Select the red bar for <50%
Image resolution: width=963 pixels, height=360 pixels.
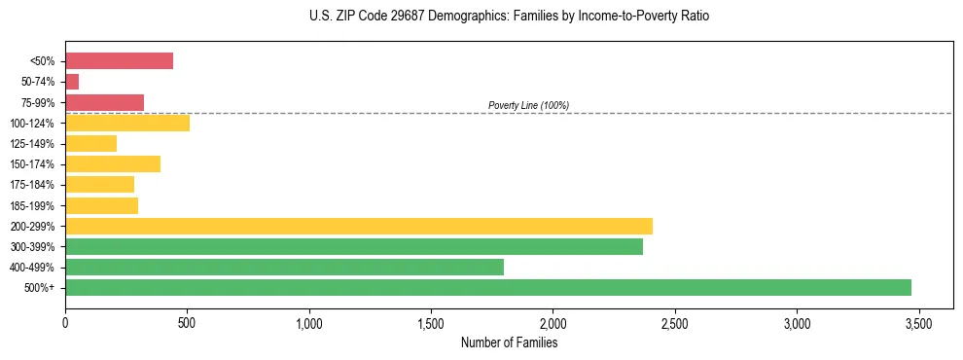pyautogui.click(x=119, y=61)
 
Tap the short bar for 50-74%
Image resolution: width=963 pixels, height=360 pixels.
pyautogui.click(x=72, y=82)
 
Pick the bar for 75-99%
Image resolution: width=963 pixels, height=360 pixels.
pyautogui.click(x=104, y=102)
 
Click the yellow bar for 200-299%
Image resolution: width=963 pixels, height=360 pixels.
pyautogui.click(x=359, y=226)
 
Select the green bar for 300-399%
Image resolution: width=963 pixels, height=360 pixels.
pyautogui.click(x=354, y=246)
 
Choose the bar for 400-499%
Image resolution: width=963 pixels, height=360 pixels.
pyautogui.click(x=284, y=267)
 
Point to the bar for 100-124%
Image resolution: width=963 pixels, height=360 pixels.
pyautogui.click(x=127, y=123)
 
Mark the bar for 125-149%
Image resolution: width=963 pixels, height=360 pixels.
pyautogui.click(x=90, y=144)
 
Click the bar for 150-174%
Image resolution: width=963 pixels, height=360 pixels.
pyautogui.click(x=113, y=164)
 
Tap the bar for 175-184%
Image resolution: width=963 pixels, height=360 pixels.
pyautogui.click(x=99, y=185)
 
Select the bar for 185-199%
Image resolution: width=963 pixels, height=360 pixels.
pyautogui.click(x=101, y=205)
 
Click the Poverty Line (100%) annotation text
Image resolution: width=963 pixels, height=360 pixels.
pyautogui.click(x=528, y=105)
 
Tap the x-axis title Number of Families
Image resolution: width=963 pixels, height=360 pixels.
pyautogui.click(x=509, y=342)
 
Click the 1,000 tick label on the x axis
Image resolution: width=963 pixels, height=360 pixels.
pyautogui.click(x=309, y=323)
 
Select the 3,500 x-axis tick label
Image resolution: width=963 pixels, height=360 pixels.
pyautogui.click(x=918, y=323)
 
